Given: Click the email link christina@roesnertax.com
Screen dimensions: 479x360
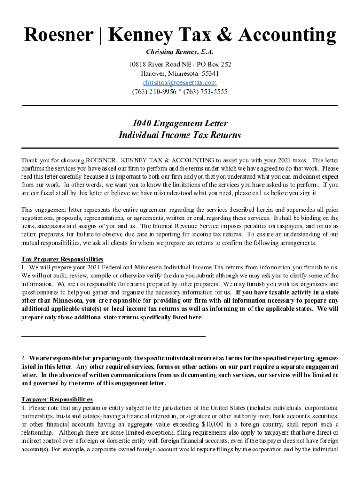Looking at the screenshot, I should (x=180, y=83).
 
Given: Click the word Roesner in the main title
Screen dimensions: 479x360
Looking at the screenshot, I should (x=56, y=35).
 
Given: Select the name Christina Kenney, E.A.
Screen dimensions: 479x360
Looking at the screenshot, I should (x=180, y=52).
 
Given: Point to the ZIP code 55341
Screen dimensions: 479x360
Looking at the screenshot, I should (x=210, y=73).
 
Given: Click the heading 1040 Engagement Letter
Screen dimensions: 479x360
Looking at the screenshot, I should (x=180, y=123).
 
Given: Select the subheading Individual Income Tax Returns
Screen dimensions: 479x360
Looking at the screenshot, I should (x=180, y=136).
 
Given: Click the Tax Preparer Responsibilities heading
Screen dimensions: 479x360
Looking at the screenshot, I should (x=62, y=259).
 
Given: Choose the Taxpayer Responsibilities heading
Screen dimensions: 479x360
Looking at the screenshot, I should (x=57, y=399).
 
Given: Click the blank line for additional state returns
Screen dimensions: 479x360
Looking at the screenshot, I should (x=113, y=336).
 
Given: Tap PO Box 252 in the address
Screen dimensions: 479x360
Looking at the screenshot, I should (x=214, y=64).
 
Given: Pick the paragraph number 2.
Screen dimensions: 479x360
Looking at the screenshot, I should (x=23, y=358).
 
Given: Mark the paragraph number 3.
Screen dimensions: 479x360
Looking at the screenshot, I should (x=23, y=407).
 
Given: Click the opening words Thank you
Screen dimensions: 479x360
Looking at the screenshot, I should (x=33, y=160).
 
